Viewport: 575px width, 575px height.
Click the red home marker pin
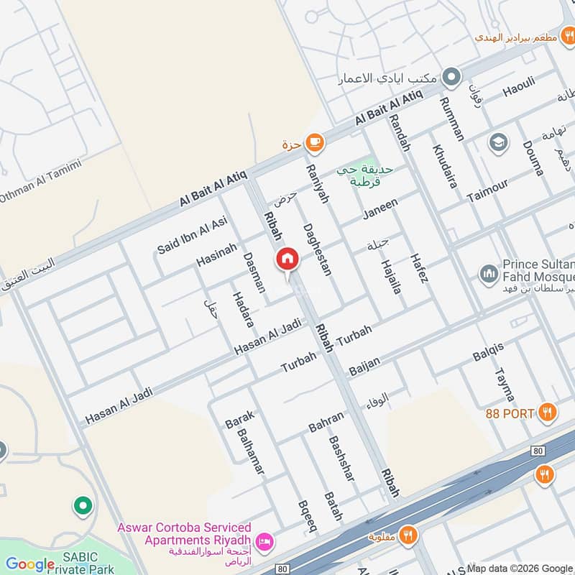coord(287,260)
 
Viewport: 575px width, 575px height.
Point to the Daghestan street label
coord(317,249)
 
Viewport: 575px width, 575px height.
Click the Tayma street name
coord(505,385)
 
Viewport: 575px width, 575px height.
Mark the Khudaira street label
coord(445,166)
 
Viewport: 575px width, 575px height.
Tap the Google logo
coord(29,564)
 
